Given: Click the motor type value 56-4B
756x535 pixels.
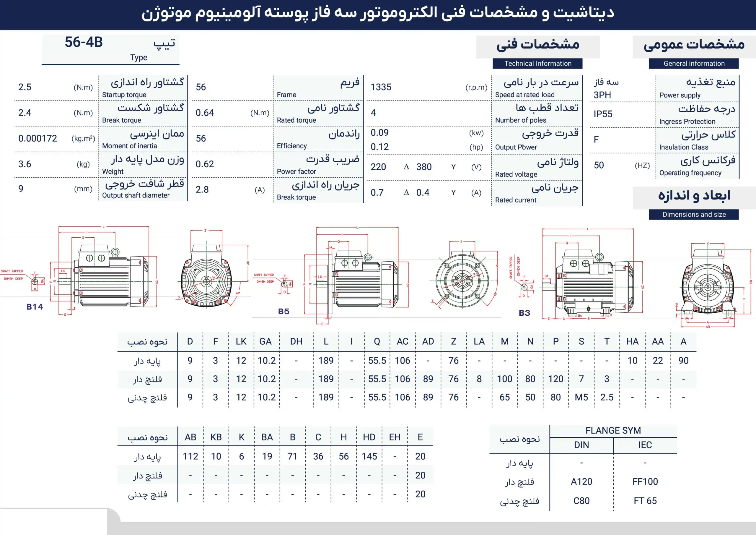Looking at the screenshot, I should coord(84,42).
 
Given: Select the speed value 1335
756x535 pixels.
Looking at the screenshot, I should coord(381,87).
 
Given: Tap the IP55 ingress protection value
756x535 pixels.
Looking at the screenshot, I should coord(603,114).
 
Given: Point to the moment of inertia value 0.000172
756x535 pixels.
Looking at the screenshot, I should coord(38,138).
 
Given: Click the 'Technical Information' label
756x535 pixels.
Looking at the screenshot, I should coord(538,64).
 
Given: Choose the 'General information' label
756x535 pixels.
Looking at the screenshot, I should coord(694,64).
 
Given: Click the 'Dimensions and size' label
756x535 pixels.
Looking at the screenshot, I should coord(694,215).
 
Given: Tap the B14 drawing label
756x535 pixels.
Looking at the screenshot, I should coord(35,307).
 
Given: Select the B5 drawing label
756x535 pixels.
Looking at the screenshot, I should coord(283,312).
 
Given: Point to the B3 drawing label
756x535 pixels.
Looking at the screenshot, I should coord(524,313).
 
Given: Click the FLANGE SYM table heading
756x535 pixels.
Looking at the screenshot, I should coord(613,430).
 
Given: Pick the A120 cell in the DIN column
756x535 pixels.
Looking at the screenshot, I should coord(581,482).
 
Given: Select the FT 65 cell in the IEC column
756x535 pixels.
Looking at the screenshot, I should coord(645,501).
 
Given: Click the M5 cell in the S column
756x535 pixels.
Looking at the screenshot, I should coord(581,397).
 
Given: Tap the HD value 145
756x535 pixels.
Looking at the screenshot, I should coord(369,456).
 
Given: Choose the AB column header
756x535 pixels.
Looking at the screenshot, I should coord(190,437).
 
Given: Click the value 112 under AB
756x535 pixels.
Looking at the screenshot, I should coord(190,456).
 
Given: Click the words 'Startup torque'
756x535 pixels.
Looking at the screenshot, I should coord(124,95).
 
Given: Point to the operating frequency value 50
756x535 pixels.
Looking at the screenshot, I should coord(599,165).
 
